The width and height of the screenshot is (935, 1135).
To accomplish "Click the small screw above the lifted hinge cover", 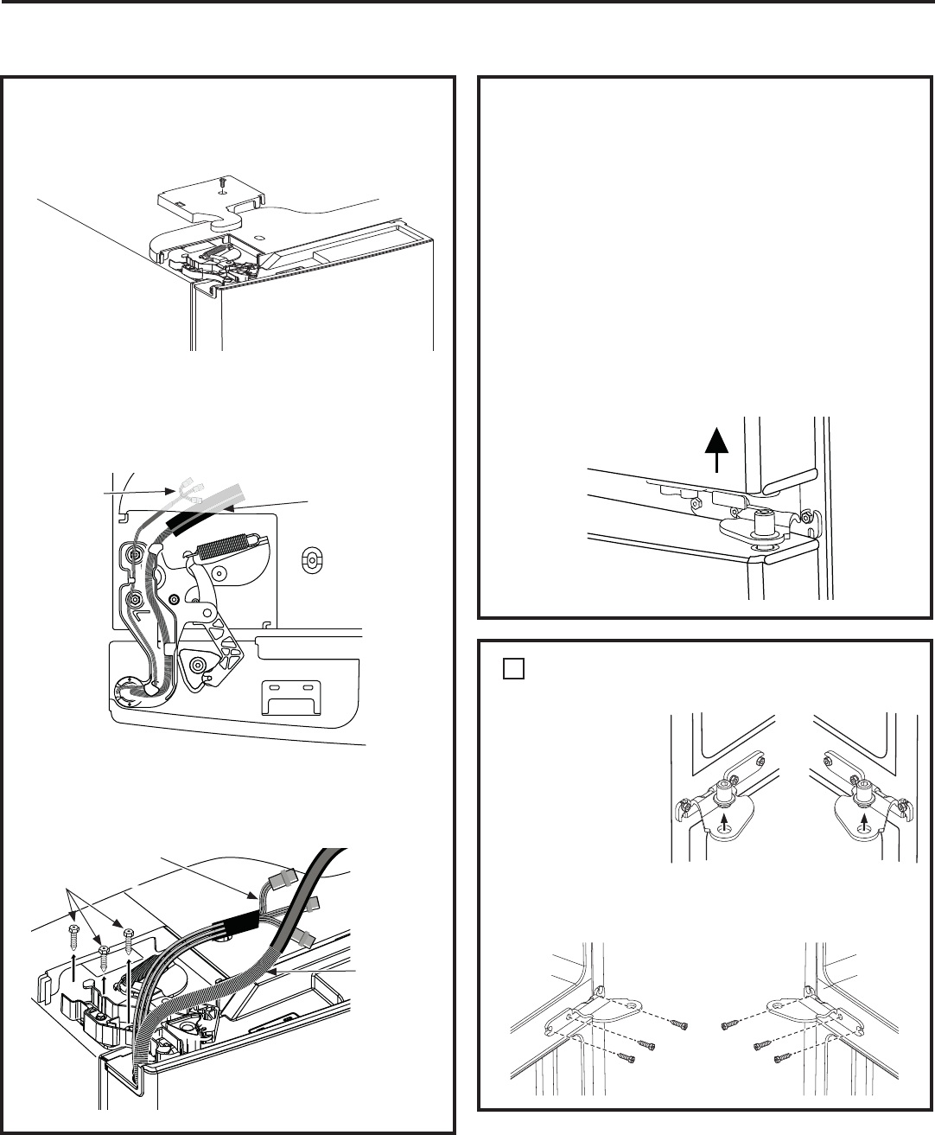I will (222, 182).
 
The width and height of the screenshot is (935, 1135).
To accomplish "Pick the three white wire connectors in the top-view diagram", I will (188, 494).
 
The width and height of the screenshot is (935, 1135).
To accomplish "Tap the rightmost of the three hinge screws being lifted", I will (129, 936).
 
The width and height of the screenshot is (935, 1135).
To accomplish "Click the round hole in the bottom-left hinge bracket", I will (636, 1002).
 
